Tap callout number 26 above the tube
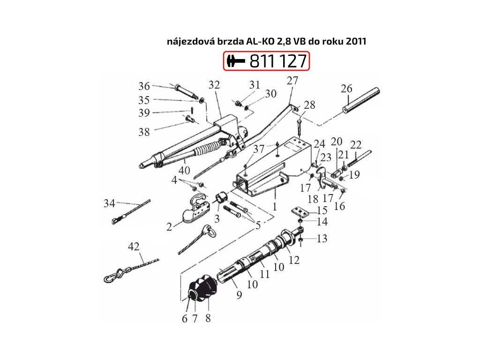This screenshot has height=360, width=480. (x=346, y=89)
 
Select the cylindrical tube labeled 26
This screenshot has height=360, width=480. (x=361, y=100)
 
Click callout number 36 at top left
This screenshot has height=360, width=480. (x=144, y=86)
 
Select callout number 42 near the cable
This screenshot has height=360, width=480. (x=134, y=247)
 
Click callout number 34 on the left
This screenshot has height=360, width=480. (x=109, y=203)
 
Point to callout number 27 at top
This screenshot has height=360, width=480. (x=292, y=80)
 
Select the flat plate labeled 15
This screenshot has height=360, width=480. (x=300, y=212)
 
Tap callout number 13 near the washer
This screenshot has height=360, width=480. (x=322, y=239)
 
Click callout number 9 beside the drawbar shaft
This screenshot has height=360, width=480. (x=239, y=295)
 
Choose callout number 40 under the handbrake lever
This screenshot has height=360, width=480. (x=184, y=171)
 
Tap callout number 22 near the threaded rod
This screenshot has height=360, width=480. (x=356, y=145)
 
